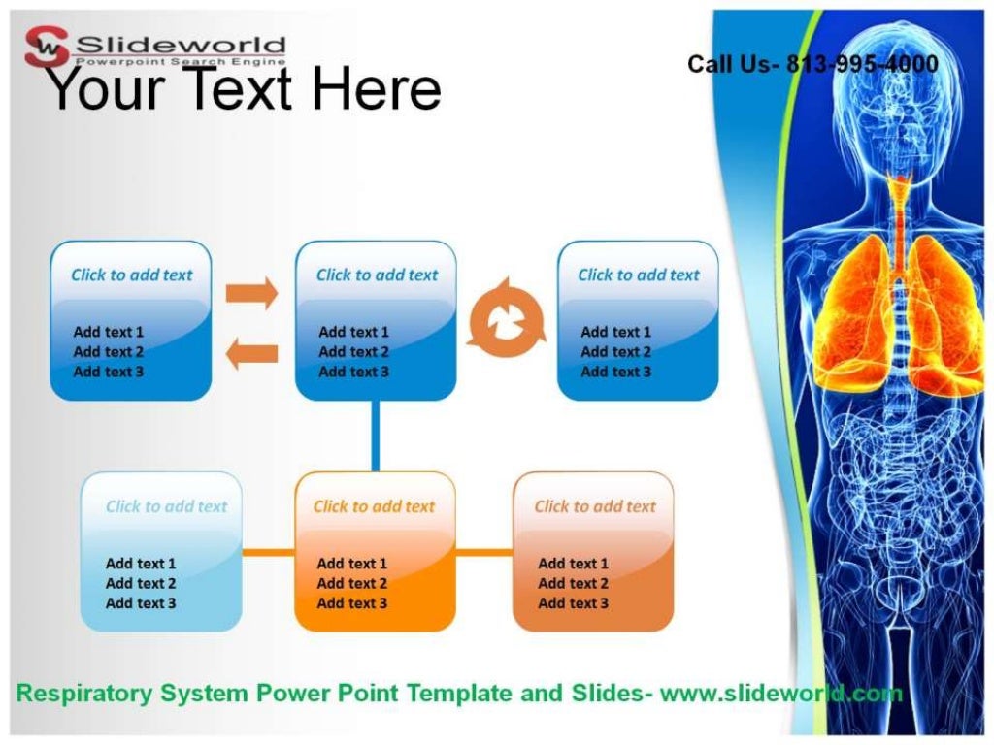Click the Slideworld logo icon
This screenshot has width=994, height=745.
[48, 46]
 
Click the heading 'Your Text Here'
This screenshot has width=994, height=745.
[243, 89]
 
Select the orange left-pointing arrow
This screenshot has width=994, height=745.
[251, 354]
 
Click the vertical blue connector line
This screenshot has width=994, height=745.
[375, 436]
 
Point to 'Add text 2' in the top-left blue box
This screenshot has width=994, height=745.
[109, 352]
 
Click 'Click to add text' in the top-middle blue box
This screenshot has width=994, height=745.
[377, 275]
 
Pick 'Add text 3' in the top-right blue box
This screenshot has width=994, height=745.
[615, 372]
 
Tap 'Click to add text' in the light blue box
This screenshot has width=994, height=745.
[166, 506]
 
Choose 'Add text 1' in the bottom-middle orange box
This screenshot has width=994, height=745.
[351, 564]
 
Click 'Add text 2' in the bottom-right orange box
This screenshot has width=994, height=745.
[573, 583]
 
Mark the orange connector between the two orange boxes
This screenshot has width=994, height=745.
[483, 553]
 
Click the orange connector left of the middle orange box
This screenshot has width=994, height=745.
[268, 553]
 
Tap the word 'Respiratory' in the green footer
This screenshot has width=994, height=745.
[85, 694]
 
